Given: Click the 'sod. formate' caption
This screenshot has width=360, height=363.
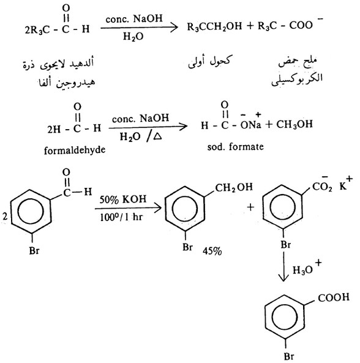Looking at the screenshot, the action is point(236,147).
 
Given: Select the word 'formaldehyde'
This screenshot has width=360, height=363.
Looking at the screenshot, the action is point(75,151).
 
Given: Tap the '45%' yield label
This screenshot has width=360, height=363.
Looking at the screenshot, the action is point(212,251).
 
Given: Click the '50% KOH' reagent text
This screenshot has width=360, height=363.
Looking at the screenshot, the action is point(123,200).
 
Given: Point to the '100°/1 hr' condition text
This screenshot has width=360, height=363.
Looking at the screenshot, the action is point(121,217).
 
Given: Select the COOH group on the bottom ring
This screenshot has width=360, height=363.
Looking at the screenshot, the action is point(334,298).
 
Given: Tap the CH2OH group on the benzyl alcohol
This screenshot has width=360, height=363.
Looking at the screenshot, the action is point(234,187).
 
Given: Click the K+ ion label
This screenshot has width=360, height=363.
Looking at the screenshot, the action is point(346,184).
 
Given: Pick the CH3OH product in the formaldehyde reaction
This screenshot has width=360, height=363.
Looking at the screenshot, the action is point(294,124).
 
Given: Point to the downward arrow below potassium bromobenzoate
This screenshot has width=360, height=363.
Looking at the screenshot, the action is point(283,266).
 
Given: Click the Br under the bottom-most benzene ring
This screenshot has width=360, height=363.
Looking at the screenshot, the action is point(289,356).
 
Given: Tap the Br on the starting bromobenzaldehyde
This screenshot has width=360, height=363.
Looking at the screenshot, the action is point(34,250).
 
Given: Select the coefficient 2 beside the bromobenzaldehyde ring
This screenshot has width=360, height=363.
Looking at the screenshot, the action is point(5,217).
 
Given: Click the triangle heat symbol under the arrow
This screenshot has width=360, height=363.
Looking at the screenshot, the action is point(157,136).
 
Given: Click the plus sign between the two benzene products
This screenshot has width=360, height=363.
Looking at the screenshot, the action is point(250,207).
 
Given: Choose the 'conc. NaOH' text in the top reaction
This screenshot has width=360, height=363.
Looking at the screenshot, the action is point(134,18).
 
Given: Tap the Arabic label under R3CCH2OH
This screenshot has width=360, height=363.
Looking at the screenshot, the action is point(209,62).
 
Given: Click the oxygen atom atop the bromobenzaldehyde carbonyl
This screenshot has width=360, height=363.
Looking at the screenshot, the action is point(66,172).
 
